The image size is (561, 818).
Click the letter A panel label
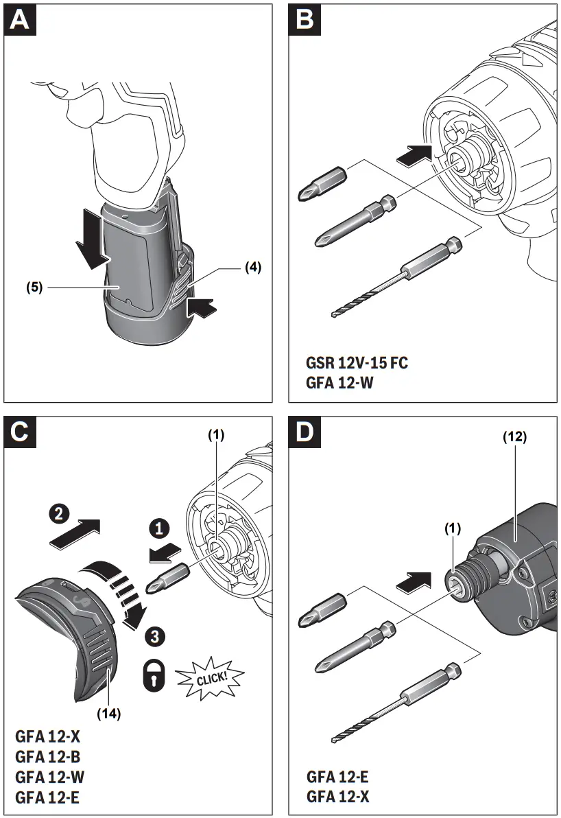pos(21,20)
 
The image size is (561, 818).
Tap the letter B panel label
pos(305,20)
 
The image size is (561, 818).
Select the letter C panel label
pos(21,432)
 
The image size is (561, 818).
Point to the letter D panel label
pos(305,432)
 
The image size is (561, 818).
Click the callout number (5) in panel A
pos(35,288)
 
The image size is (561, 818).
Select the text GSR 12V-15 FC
pos(357,362)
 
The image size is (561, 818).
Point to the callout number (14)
pos(109,713)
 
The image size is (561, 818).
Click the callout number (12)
pos(514,436)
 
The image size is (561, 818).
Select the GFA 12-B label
pos(49,758)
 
